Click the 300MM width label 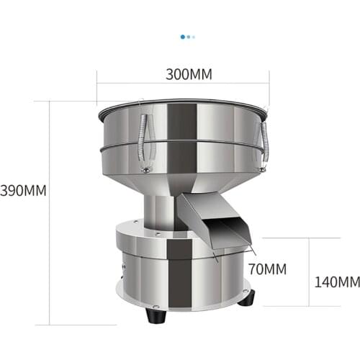(x=183, y=74)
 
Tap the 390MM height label (x=23, y=191)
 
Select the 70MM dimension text (x=267, y=269)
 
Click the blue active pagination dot (x=183, y=35)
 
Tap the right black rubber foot (x=246, y=297)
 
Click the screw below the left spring (x=146, y=170)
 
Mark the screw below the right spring (x=263, y=170)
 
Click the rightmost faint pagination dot (x=194, y=35)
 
